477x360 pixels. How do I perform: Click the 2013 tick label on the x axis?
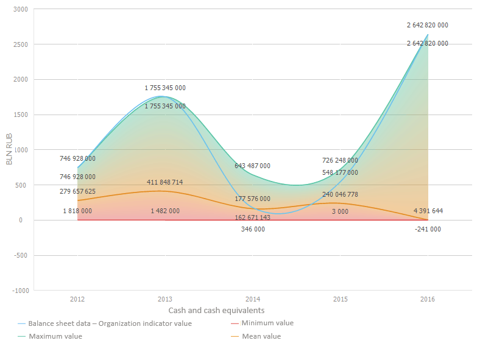coord(164,300)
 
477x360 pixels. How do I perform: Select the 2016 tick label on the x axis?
coord(428,300)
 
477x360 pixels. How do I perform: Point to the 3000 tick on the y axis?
coord(21,9)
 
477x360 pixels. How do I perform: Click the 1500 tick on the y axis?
coord(21,115)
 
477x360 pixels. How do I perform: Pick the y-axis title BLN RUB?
coord(9,150)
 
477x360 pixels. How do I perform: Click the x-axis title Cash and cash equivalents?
coord(216,311)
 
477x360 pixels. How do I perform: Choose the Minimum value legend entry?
coord(267,323)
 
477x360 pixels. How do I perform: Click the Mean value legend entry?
coord(261,336)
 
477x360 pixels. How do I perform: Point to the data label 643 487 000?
coord(252,166)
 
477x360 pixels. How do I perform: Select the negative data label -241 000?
coord(428,230)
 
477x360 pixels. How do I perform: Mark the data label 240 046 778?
coord(340,194)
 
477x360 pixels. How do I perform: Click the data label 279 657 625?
coord(77,191)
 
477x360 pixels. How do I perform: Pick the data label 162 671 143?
coord(252,217)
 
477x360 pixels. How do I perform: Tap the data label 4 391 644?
coord(428,211)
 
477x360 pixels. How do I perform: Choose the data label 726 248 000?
coord(340,160)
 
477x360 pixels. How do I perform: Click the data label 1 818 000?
coord(77,211)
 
